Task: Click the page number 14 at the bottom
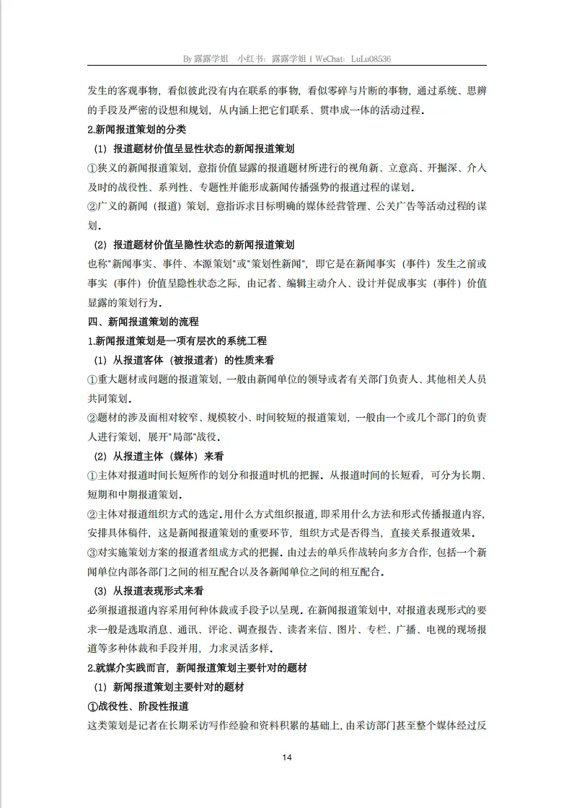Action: (x=287, y=757)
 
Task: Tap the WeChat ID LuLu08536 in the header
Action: (x=368, y=58)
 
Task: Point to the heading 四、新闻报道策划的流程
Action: (x=143, y=322)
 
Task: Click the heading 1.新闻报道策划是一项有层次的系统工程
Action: (x=177, y=341)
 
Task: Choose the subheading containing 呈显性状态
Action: (x=195, y=149)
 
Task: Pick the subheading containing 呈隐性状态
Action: (x=195, y=245)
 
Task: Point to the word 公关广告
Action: (x=394, y=207)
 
